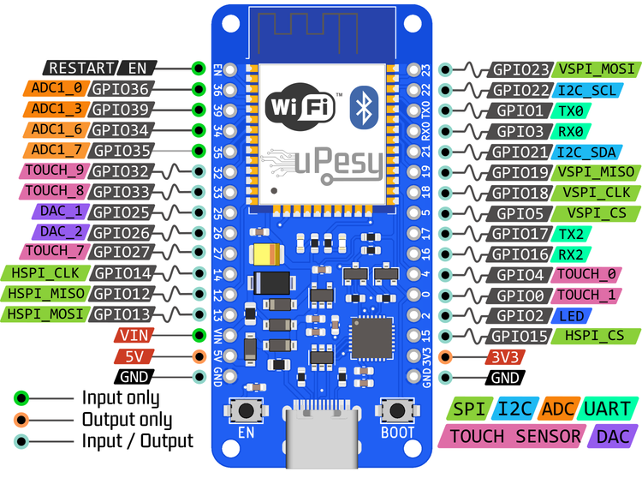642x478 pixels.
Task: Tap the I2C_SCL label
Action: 583,89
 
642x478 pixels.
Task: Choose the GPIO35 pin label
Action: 121,150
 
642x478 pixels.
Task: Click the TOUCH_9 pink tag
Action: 56,170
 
